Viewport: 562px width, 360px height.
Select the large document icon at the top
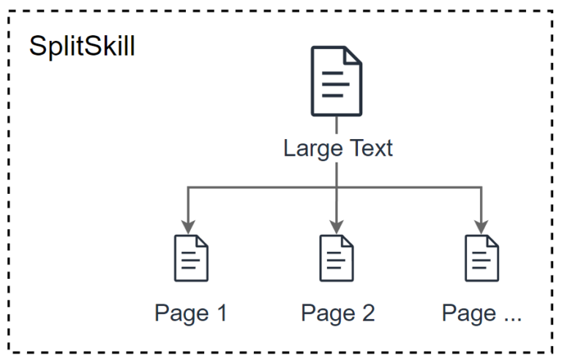click(x=337, y=81)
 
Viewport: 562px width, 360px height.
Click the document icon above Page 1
click(x=191, y=258)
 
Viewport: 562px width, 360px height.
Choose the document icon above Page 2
click(x=337, y=258)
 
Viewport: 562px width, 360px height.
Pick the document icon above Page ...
click(x=482, y=258)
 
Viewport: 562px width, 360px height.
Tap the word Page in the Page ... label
click(x=468, y=313)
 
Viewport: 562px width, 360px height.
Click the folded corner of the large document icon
click(x=353, y=56)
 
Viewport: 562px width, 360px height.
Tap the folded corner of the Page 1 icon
click(x=201, y=242)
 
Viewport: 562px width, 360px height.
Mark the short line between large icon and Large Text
click(x=337, y=126)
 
